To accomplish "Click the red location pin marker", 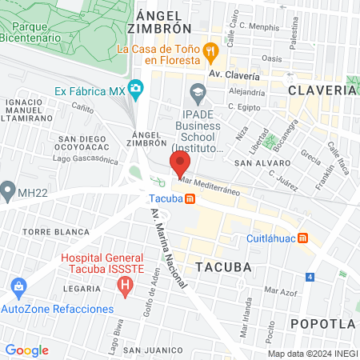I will tap(179, 166).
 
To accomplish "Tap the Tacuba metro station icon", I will tap(189, 199).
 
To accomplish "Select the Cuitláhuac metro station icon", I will tap(302, 238).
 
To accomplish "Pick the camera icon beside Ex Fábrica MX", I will tap(136, 88).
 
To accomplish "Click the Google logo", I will tap(26, 350).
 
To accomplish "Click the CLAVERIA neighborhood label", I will tap(322, 90).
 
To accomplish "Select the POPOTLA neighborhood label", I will tap(322, 323).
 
